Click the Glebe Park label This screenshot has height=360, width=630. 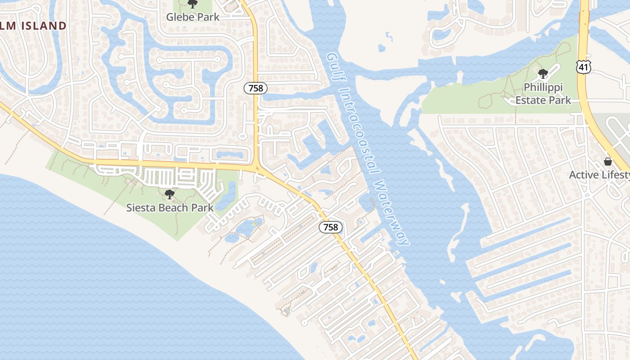coord(193,17)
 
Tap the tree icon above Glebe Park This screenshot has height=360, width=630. coord(193,4)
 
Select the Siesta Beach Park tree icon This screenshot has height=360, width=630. coord(170,194)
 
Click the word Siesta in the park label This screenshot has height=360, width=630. coord(140,208)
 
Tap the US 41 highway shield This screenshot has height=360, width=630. coord(583,67)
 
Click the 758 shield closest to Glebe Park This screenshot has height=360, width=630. coord(256,88)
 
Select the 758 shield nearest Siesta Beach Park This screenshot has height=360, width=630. coord(331,227)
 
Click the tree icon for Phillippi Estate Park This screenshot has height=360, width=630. coord(543,73)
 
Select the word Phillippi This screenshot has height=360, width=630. coord(543,87)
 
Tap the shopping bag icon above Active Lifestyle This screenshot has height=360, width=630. coord(608,162)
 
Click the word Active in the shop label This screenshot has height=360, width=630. coord(584,175)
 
